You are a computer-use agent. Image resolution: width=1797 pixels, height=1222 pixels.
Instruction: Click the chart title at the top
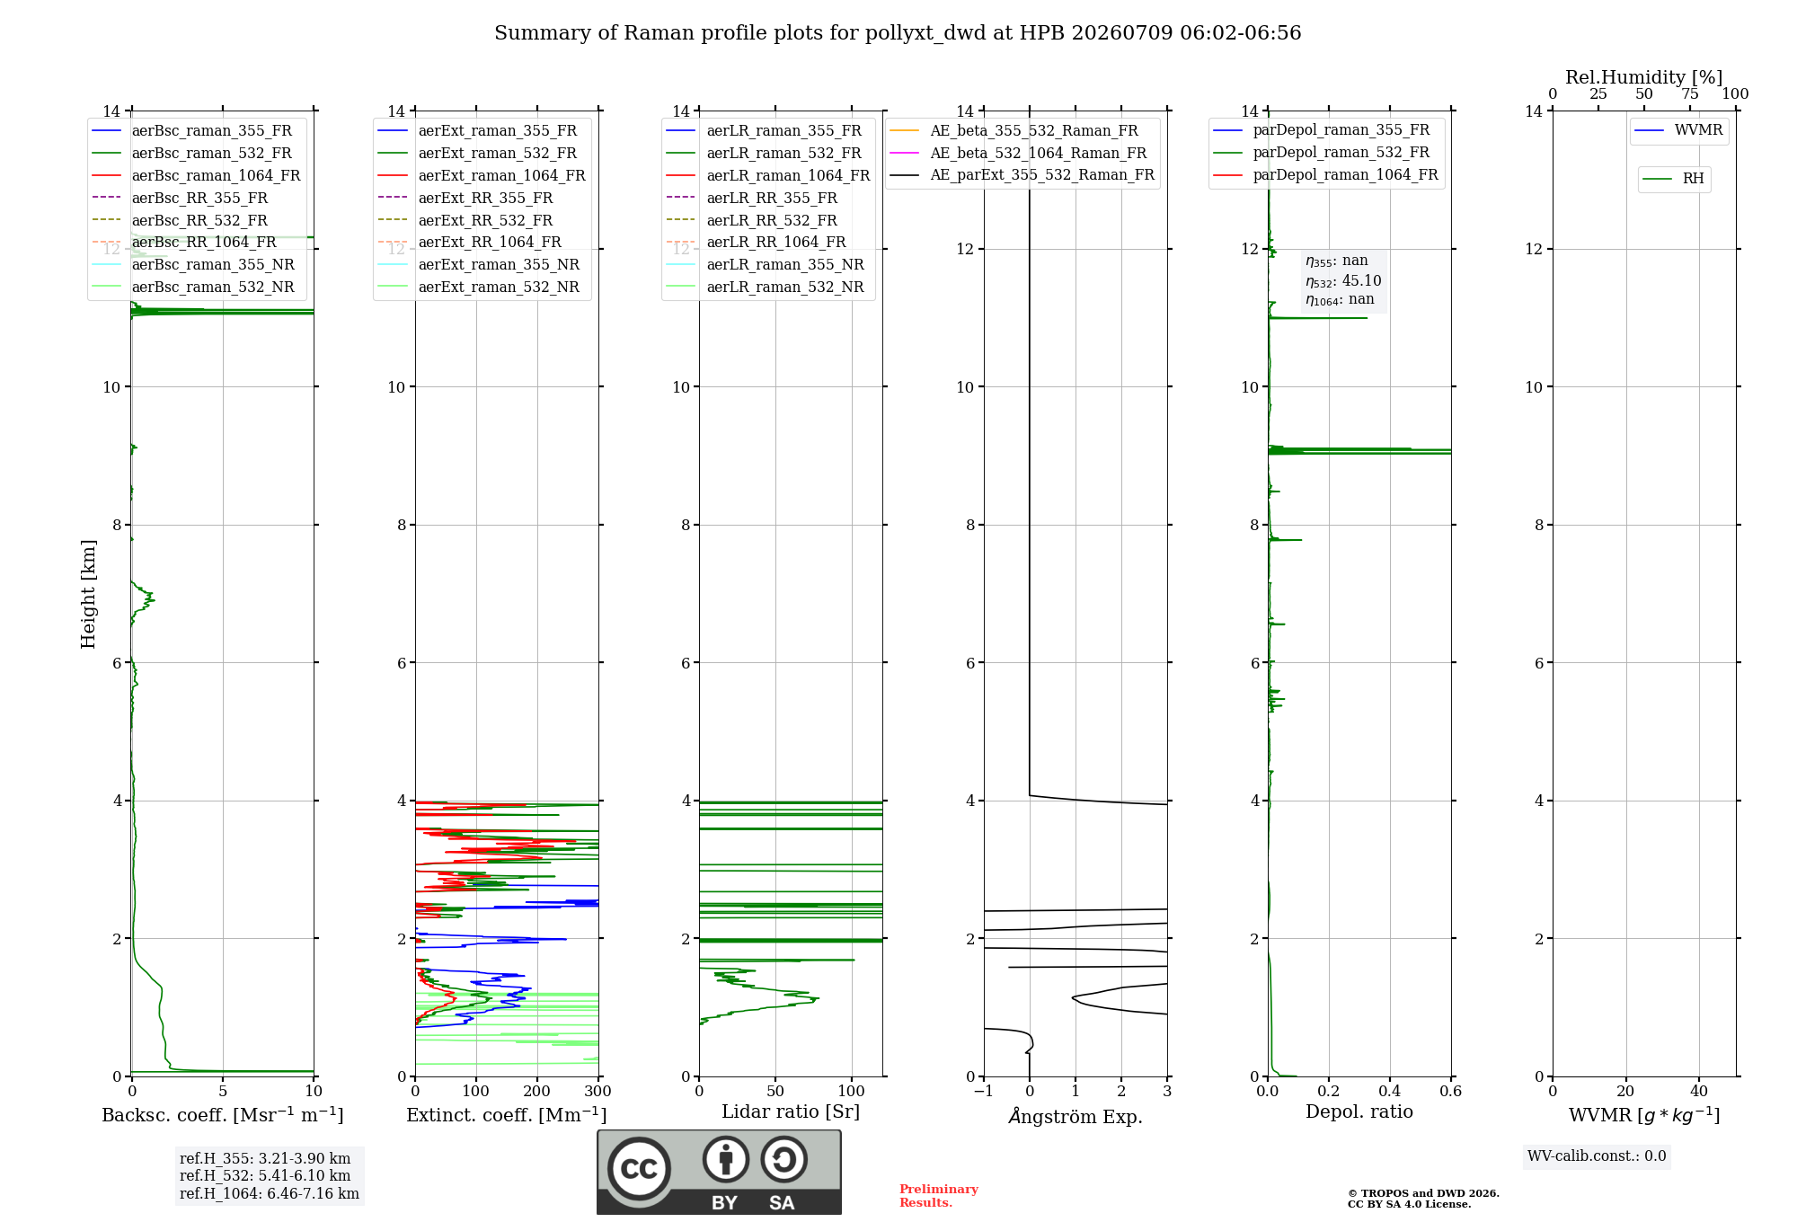click(898, 33)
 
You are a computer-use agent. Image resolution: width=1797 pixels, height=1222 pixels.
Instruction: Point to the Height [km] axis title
click(88, 594)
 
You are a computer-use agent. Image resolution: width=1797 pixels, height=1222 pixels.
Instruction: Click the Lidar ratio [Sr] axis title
click(791, 1111)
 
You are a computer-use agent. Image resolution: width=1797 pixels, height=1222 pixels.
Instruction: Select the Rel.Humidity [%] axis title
click(1644, 77)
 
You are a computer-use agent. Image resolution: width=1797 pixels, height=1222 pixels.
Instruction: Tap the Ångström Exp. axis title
click(1076, 1116)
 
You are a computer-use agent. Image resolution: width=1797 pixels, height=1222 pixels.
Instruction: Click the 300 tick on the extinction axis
click(598, 1092)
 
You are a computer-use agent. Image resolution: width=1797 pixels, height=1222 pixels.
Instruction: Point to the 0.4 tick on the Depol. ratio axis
click(1390, 1092)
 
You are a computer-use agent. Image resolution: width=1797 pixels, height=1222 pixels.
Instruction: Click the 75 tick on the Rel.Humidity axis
click(1690, 94)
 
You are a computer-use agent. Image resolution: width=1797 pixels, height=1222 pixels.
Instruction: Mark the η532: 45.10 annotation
click(1343, 281)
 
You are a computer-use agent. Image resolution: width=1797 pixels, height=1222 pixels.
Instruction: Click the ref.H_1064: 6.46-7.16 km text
click(270, 1194)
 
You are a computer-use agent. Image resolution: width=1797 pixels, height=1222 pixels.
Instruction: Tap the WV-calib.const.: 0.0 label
click(1597, 1156)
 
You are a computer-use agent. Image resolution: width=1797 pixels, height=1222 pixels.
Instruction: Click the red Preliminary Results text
click(939, 1196)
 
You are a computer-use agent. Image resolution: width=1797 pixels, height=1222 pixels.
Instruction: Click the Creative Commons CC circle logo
click(639, 1168)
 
